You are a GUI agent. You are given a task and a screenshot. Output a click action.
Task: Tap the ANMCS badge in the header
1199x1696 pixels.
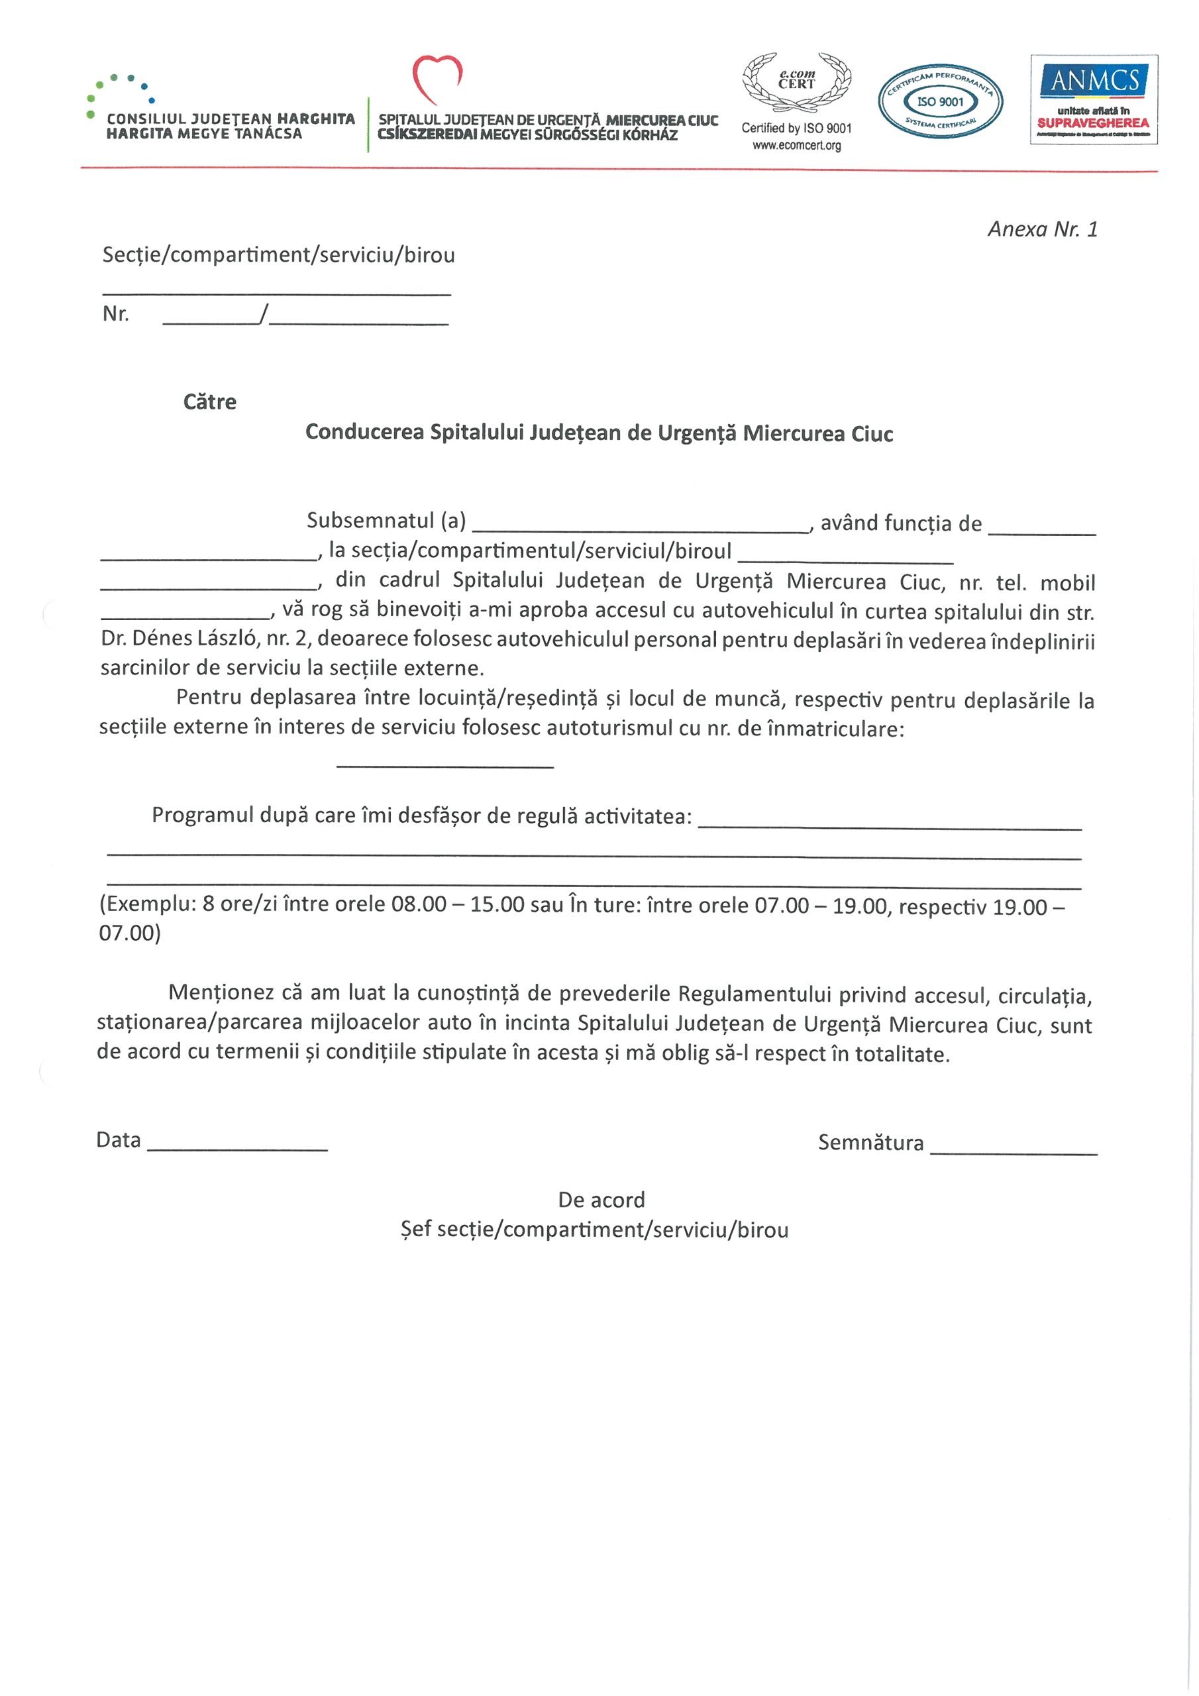tap(1094, 99)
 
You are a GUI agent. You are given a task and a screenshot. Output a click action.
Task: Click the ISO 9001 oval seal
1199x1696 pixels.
tap(940, 101)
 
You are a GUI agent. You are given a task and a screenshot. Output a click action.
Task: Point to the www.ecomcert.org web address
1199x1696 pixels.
tap(796, 146)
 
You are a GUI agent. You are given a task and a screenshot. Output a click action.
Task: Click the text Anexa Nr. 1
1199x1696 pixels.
tap(1043, 229)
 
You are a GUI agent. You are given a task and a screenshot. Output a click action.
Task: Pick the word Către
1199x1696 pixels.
tap(210, 402)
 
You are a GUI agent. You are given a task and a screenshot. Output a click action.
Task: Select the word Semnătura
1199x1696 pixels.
tap(870, 1143)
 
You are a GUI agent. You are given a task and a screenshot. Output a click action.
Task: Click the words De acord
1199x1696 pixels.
tap(601, 1200)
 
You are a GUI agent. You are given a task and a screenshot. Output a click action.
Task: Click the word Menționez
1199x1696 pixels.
tap(221, 992)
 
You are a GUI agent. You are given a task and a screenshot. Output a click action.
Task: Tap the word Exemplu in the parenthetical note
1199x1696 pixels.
tap(147, 904)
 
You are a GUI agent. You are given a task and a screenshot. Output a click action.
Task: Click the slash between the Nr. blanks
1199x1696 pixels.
tap(264, 315)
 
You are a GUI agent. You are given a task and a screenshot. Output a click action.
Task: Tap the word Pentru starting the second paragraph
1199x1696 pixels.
tap(208, 698)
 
